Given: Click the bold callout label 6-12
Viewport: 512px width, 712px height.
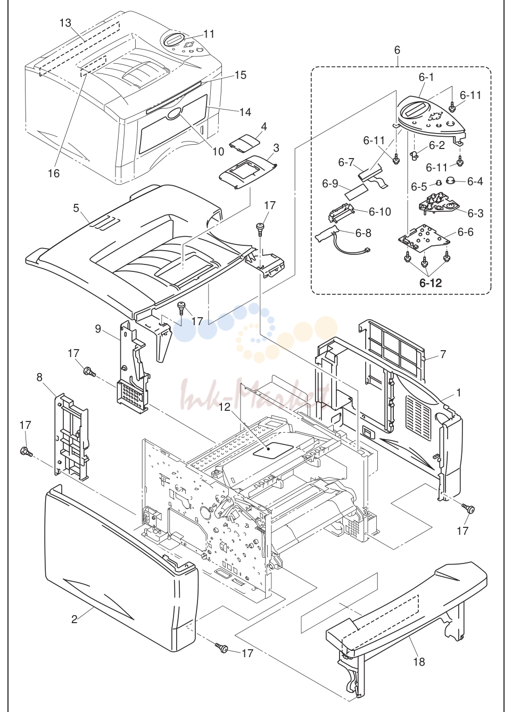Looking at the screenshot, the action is (431, 283).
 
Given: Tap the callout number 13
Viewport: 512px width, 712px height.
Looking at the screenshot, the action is (65, 23).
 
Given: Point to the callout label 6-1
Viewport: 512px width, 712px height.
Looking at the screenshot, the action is (426, 77).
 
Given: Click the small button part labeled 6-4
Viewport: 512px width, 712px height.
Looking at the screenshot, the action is (452, 180).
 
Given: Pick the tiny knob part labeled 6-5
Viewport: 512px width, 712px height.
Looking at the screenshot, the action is (438, 182).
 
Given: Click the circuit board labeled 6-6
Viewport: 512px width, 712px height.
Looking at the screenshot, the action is (423, 239).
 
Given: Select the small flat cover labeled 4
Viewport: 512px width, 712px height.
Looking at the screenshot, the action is (243, 140).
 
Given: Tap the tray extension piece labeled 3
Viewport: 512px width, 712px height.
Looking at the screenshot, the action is (248, 173).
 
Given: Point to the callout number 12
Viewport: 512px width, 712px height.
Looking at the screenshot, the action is (225, 407).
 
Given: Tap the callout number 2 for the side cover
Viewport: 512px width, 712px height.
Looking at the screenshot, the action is (74, 619).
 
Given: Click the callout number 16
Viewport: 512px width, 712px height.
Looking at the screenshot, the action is (54, 173).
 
